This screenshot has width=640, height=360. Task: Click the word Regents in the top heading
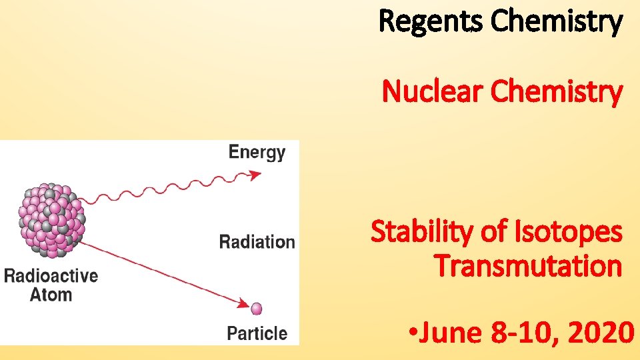tap(431, 21)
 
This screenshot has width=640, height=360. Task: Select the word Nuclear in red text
tap(433, 93)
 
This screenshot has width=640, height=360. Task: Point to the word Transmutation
tap(528, 266)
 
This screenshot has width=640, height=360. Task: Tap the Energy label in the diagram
tap(257, 153)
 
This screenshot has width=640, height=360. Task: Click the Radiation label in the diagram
tap(257, 241)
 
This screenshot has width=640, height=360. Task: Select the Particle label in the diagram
tap(257, 333)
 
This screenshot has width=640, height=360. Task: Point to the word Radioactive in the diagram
tap(51, 276)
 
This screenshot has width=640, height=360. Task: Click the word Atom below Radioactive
tap(51, 294)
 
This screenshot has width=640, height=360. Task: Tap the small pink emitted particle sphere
tap(257, 309)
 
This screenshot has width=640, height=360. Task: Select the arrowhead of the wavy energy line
tap(255, 175)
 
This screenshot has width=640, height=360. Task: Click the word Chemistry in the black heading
tap(557, 21)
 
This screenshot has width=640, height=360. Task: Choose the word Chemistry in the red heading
tap(557, 93)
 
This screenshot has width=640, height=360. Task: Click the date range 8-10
tap(521, 331)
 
